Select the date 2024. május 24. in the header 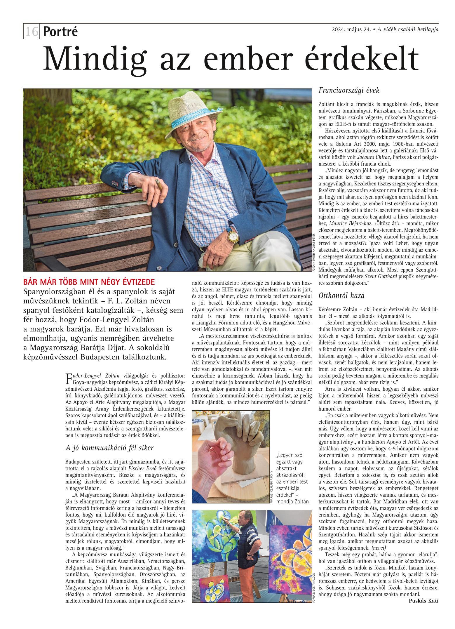(351, 29)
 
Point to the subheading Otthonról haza (342, 296)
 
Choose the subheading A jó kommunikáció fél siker (109, 448)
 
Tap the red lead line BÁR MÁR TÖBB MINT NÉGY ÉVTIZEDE (89, 282)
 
